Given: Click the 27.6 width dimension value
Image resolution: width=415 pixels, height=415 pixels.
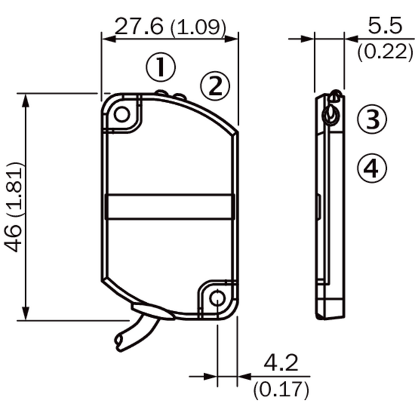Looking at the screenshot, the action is point(139,26).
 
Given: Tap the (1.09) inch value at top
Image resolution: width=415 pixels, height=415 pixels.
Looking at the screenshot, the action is point(198,27).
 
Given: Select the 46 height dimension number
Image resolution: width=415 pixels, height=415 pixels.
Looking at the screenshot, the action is point(13,238).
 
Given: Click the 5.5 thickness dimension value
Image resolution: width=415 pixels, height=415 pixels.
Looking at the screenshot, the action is point(385,26).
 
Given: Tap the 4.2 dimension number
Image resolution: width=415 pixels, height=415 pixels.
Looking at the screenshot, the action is point(281,363).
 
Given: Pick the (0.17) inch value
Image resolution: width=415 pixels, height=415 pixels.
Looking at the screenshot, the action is point(281,389).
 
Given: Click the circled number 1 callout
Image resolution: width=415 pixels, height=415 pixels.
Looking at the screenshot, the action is point(161,67).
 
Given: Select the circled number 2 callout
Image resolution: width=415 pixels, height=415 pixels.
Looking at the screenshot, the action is point(215,86).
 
